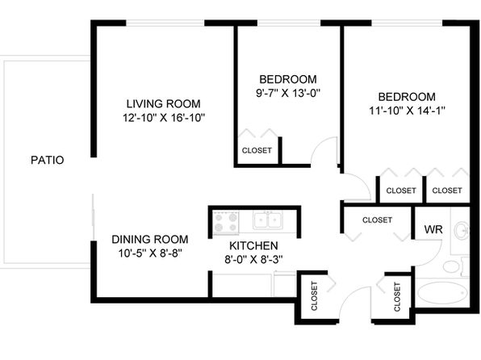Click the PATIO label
point(48,160)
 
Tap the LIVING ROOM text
point(164,104)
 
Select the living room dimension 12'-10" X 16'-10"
point(164,118)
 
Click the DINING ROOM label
point(149,240)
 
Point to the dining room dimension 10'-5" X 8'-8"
point(150,253)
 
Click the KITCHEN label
point(253,246)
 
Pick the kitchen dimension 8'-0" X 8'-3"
point(253,260)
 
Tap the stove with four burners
point(227,223)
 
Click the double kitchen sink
point(268,220)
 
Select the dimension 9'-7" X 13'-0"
point(288,93)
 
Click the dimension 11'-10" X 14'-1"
point(407,111)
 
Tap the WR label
point(433,229)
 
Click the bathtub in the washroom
point(442,294)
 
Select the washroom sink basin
point(462,231)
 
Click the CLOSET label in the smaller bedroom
point(257,150)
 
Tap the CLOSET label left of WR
point(378,220)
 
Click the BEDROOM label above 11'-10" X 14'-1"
point(407,97)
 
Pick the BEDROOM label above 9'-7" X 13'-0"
point(288,79)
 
